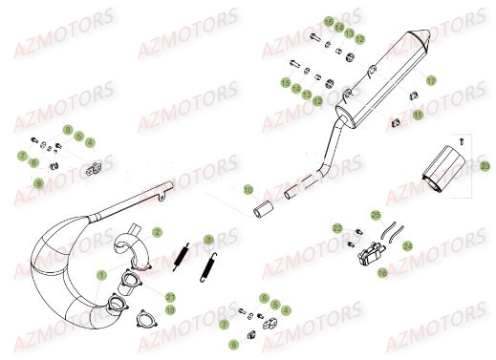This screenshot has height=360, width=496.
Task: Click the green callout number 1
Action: coord(101,275)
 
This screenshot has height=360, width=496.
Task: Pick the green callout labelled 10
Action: coord(247,190)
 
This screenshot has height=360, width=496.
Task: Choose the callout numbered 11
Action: coord(417,114)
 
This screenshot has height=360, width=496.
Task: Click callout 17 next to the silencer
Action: coord(431,80)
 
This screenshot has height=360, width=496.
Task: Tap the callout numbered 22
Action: coord(337,228)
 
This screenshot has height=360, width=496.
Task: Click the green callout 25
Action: coord(376,215)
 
